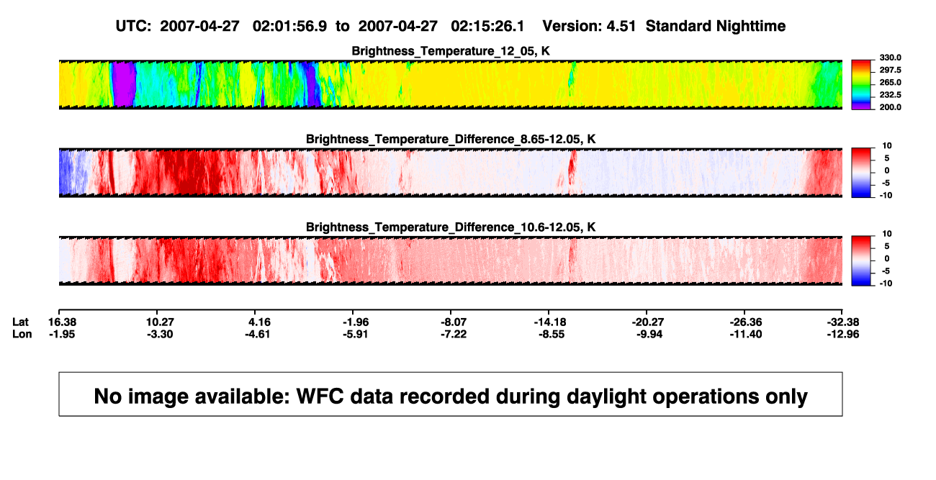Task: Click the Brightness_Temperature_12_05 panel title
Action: [x=451, y=51]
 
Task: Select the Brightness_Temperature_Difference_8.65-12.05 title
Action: [x=451, y=139]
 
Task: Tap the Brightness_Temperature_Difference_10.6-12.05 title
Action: [x=451, y=227]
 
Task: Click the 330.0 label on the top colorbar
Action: [x=890, y=58]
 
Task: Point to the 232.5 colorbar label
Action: [x=890, y=95]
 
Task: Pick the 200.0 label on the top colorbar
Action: [x=890, y=107]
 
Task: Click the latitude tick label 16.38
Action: [x=62, y=322]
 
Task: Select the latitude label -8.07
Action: [x=454, y=322]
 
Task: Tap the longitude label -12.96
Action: [x=843, y=334]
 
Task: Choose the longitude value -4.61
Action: [x=258, y=334]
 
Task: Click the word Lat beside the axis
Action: [x=20, y=322]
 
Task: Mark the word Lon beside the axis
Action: [x=22, y=334]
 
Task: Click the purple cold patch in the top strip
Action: [x=124, y=84]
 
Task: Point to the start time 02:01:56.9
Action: [x=289, y=27]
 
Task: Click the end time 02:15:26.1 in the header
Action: [x=487, y=27]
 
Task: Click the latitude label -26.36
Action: [x=746, y=322]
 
